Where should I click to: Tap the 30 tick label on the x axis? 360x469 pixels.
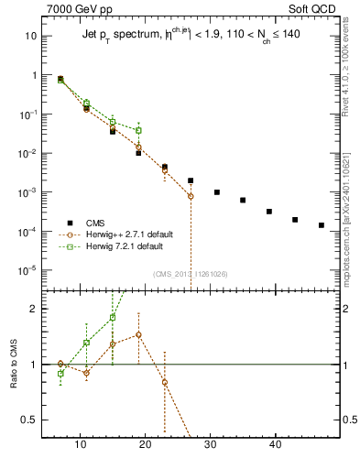click(211, 444)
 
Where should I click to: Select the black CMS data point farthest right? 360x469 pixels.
click(322, 224)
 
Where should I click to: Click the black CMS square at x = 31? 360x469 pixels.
click(217, 192)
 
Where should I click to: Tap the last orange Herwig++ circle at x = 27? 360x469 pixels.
click(191, 196)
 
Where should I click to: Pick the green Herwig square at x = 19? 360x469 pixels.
click(138, 130)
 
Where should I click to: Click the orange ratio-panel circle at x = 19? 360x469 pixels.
click(138, 334)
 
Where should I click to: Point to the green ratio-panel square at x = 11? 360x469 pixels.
click(87, 343)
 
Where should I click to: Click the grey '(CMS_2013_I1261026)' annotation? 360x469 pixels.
click(191, 274)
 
